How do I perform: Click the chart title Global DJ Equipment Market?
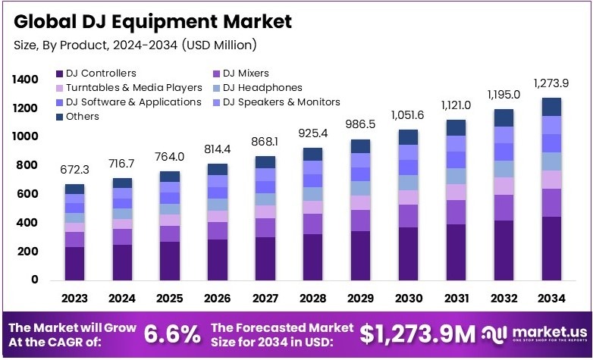pyautogui.click(x=152, y=21)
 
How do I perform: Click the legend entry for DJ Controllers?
pyautogui.click(x=100, y=74)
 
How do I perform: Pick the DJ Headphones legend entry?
pyautogui.click(x=262, y=88)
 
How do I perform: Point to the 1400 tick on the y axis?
pyautogui.click(x=25, y=80)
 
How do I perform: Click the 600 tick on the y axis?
pyautogui.click(x=28, y=194)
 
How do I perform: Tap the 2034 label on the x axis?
pyautogui.click(x=551, y=299)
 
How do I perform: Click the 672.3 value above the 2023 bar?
pyautogui.click(x=75, y=170)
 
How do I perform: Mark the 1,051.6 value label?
pyautogui.click(x=408, y=114)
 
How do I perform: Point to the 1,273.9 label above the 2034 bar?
pyautogui.click(x=551, y=83)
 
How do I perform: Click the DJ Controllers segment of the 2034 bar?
pyautogui.click(x=551, y=249)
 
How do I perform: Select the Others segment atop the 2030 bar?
pyautogui.click(x=408, y=137)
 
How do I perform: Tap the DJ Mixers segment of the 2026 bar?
pyautogui.click(x=218, y=230)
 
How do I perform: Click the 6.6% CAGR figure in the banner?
pyautogui.click(x=174, y=333)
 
